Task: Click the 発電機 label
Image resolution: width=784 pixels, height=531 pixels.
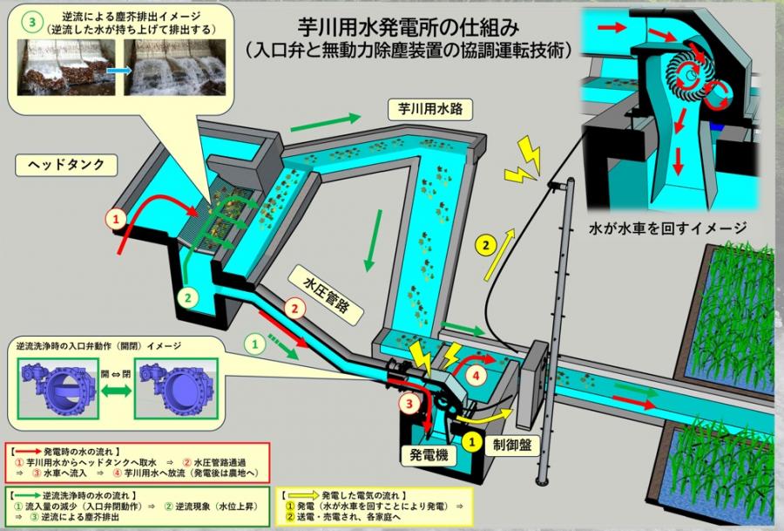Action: (429, 453)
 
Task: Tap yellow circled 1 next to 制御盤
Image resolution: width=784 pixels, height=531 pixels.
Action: (470, 442)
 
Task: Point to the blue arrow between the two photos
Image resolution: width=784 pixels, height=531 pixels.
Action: (117, 63)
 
